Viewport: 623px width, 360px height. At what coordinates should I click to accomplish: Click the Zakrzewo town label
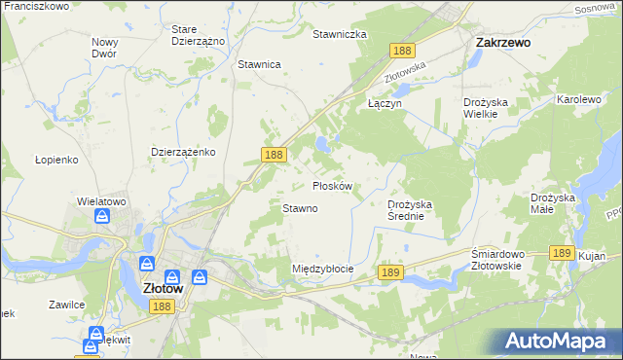coord(501,43)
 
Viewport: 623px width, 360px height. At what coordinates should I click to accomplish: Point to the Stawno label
coord(300,208)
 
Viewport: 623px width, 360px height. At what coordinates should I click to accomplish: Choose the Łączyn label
coord(384,102)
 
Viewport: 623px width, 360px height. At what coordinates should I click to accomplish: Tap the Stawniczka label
coord(339,34)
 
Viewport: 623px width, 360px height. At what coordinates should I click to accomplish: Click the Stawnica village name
coord(259,64)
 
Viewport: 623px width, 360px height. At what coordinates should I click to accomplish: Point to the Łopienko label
coord(55,159)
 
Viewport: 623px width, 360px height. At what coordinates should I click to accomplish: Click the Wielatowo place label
coord(102,201)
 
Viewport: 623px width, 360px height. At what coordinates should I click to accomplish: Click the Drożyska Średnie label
coord(416,210)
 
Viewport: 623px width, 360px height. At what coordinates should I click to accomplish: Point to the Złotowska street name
coord(406,71)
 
